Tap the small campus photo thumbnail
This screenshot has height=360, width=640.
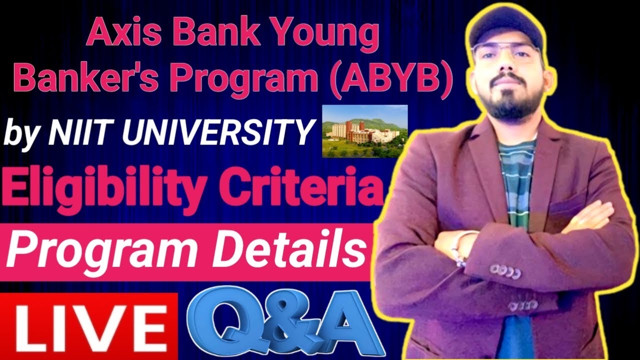point(364,131)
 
